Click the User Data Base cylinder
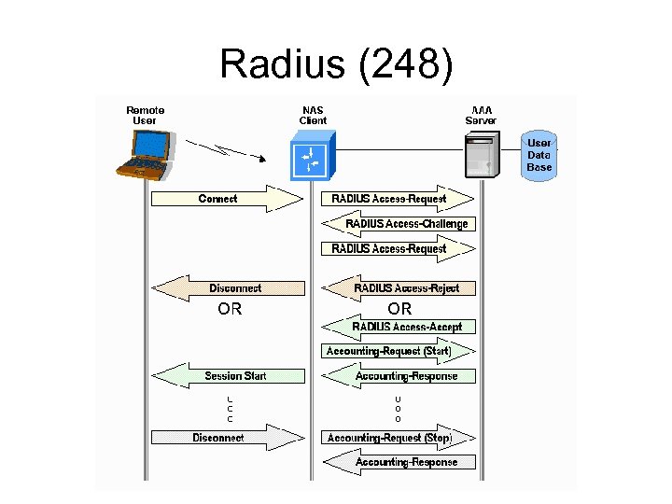(x=539, y=155)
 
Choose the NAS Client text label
(x=313, y=115)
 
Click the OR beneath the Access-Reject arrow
(x=399, y=308)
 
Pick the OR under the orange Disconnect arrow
(x=230, y=308)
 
